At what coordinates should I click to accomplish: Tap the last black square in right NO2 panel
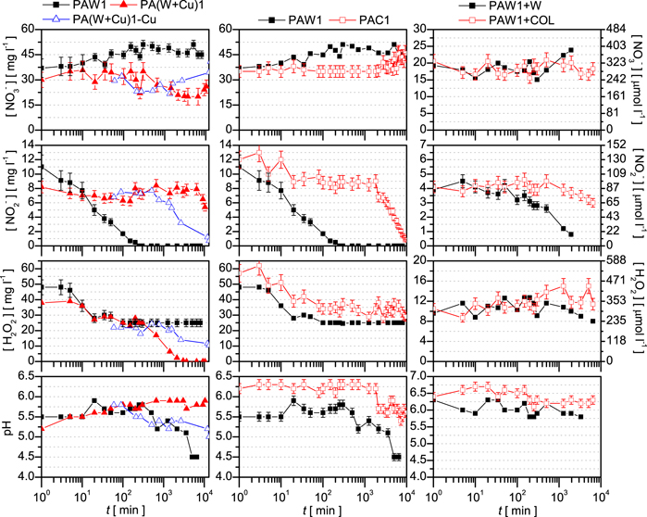pyautogui.click(x=571, y=234)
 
